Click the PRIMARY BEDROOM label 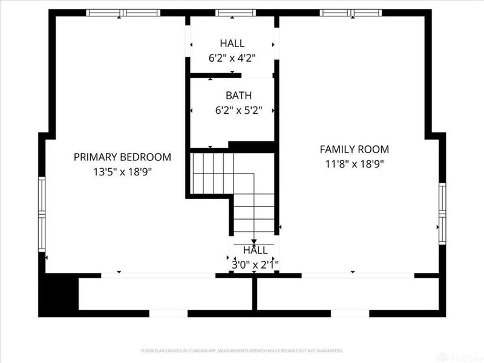(x=122, y=157)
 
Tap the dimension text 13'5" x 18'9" (x=122, y=172)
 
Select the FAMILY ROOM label (x=354, y=149)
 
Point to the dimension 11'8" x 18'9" (x=354, y=163)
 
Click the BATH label (x=238, y=96)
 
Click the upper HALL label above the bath (x=232, y=44)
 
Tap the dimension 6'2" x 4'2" (x=232, y=58)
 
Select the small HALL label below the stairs (x=255, y=250)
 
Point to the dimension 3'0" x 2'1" (x=255, y=264)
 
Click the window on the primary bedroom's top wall (x=123, y=13)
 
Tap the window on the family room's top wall (x=351, y=13)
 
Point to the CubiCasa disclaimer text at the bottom (x=242, y=350)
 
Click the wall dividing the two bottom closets (x=255, y=295)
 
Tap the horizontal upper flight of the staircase (x=212, y=173)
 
